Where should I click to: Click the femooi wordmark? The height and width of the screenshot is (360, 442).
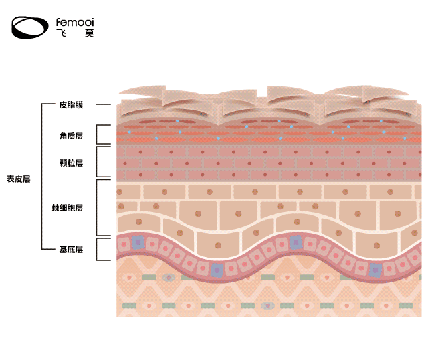75,22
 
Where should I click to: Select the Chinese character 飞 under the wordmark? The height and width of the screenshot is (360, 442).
61,33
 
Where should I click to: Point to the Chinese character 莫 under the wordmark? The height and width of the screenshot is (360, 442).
89,33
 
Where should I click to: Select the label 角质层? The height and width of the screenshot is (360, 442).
71,135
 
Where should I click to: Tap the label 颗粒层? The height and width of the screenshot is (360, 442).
71,163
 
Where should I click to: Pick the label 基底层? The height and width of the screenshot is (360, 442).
71,250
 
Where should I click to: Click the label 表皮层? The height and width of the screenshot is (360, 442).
19,179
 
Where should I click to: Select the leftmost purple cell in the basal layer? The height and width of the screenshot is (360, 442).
138,243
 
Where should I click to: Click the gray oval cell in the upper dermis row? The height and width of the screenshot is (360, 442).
169,276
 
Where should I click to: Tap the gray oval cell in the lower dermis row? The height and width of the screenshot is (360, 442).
268,306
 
